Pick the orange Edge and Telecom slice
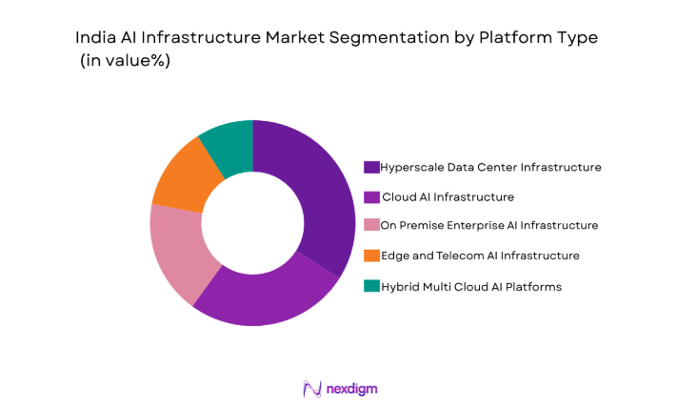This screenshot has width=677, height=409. click(x=183, y=177)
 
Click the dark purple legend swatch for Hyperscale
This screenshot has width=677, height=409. click(x=371, y=167)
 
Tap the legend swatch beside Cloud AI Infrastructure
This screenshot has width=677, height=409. click(x=371, y=196)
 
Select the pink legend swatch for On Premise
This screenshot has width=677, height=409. click(x=371, y=226)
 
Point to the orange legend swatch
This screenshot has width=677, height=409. click(x=371, y=256)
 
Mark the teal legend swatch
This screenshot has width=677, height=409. click(x=371, y=285)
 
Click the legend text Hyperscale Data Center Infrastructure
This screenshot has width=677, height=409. click(x=490, y=167)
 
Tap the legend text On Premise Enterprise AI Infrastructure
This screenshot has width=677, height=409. click(x=488, y=226)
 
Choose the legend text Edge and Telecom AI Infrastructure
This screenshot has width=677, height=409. click(x=479, y=256)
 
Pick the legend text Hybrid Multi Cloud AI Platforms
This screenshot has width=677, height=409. click(x=470, y=285)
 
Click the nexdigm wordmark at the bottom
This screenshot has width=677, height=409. click(x=351, y=388)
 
